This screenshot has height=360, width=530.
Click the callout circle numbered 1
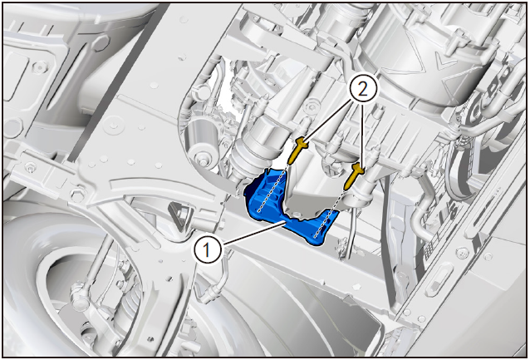point(208,249)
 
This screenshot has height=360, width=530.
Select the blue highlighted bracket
point(291,207)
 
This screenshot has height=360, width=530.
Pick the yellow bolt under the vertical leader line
point(354,175)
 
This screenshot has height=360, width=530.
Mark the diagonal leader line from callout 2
point(327,121)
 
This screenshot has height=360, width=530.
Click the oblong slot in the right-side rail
point(439,279)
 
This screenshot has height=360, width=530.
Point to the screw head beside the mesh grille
point(462,253)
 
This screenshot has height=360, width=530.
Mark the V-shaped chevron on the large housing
point(443,62)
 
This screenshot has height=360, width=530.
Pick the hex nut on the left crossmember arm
point(76,195)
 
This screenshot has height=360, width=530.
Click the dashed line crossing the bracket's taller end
point(272,190)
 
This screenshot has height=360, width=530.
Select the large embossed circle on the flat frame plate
point(113,126)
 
